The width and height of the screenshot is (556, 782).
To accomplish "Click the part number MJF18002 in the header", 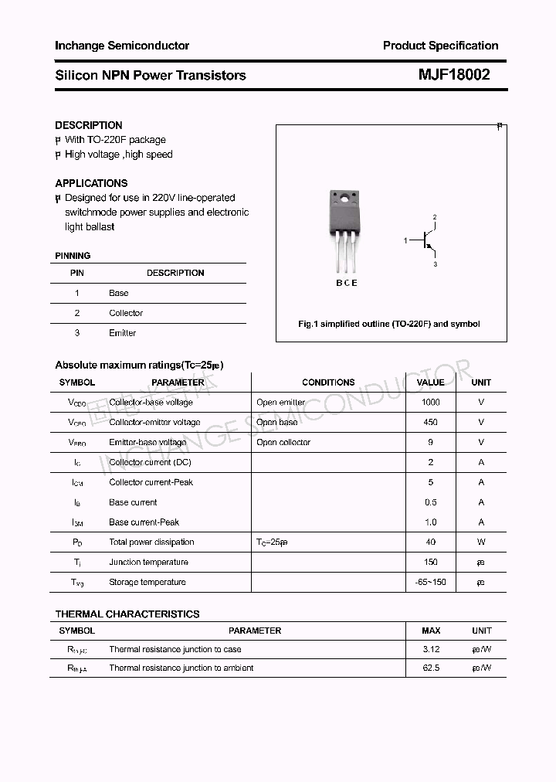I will click(454, 75).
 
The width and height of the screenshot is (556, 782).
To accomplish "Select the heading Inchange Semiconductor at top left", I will click(122, 46).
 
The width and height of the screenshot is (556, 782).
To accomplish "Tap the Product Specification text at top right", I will click(440, 46).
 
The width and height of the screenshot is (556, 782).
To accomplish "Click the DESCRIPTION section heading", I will click(89, 125).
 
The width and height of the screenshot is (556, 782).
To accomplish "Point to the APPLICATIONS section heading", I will click(91, 183).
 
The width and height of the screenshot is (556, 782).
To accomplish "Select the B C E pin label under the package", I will click(346, 283).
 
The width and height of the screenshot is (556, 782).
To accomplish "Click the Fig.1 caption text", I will click(389, 324).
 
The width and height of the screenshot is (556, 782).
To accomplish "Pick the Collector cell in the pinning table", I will click(126, 313).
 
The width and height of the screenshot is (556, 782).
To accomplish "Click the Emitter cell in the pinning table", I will click(122, 333).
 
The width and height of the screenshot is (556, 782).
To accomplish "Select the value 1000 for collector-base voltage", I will click(430, 402).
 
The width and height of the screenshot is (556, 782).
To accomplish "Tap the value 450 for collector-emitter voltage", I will click(430, 422).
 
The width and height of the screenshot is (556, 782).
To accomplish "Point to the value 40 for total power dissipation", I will click(430, 542).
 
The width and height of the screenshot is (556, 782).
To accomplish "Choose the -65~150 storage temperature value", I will click(430, 582).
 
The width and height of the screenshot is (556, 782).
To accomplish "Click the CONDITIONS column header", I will click(328, 382).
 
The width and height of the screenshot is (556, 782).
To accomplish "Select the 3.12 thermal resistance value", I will click(431, 649).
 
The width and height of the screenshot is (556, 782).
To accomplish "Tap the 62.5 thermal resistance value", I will click(431, 668).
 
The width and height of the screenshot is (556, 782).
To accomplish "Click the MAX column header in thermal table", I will click(431, 631).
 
